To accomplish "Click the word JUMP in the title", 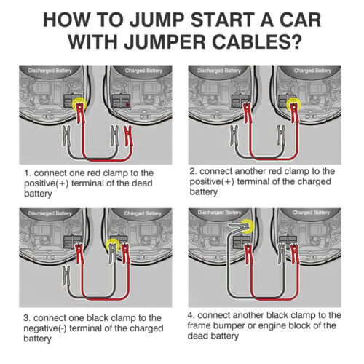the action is [157, 20].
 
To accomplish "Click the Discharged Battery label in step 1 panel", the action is [50, 71].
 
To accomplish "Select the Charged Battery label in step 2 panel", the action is [312, 71].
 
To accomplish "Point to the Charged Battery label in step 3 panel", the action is [143, 213].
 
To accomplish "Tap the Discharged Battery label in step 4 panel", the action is [219, 213].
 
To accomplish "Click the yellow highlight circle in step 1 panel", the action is [79, 104].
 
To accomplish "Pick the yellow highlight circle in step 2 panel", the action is [293, 105].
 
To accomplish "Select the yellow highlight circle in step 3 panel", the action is [114, 245].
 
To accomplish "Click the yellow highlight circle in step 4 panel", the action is [247, 226].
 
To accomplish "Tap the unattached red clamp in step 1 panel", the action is [128, 136].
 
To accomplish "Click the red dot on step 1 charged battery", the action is [127, 105].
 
